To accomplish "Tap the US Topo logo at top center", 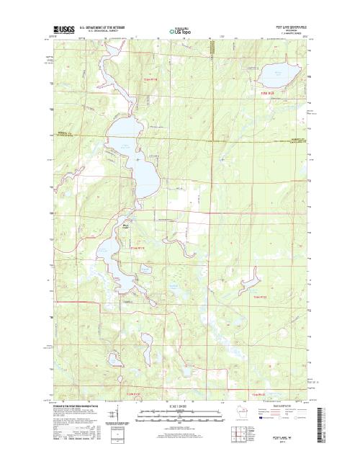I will pyautogui.click(x=180, y=31).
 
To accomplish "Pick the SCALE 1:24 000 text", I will pyautogui.click(x=180, y=406).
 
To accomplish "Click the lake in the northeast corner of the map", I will pyautogui.click(x=274, y=73).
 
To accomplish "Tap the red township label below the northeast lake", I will pyautogui.click(x=268, y=92).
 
